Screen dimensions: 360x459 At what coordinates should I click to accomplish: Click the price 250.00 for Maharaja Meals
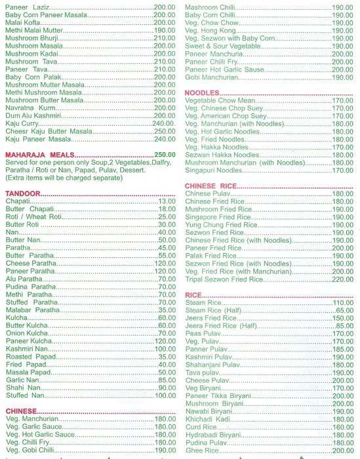pyautogui.click(x=165, y=154)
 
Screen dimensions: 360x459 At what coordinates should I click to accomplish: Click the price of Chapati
pyautogui.click(x=167, y=201)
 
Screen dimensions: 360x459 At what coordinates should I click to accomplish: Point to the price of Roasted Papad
pyautogui.click(x=167, y=357)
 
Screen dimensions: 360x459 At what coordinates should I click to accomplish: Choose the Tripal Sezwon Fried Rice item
pyautogui.click(x=224, y=279)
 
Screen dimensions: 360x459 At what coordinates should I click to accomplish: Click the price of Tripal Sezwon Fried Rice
pyautogui.click(x=343, y=279)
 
